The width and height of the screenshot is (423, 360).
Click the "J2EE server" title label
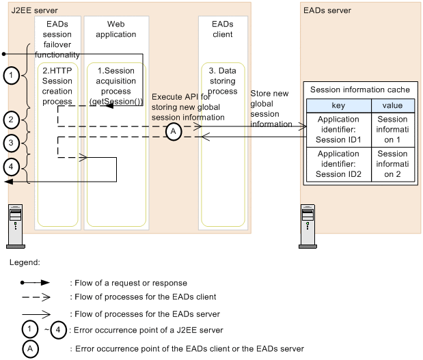[33, 11]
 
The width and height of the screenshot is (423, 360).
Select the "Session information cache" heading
[360, 89]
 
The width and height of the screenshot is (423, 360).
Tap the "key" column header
[338, 105]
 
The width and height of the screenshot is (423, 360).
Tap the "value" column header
[392, 105]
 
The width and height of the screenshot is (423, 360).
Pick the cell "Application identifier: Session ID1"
[338, 129]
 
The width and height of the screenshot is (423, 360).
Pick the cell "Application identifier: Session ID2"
[338, 165]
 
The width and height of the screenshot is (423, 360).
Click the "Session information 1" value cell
[392, 129]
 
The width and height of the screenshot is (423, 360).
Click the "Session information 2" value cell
[392, 165]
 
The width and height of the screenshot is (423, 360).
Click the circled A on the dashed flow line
[174, 132]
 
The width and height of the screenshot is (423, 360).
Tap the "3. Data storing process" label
[222, 80]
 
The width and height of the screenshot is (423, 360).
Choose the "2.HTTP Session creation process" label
[57, 86]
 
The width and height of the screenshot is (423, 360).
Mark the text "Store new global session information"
[272, 109]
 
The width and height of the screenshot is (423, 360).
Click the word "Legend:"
[26, 262]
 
